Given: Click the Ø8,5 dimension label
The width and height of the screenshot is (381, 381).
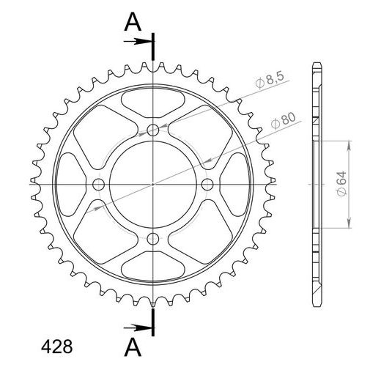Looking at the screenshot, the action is point(270,80).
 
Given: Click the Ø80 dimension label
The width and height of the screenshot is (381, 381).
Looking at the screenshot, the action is point(284,120).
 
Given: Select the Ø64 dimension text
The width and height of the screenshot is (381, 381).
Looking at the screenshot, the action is point(341,184).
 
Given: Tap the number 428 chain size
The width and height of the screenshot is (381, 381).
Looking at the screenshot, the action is point(56,347).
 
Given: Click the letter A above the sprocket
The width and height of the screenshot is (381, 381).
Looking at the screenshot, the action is point(133,22).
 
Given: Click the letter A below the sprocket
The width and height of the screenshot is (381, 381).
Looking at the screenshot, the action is point(133,347).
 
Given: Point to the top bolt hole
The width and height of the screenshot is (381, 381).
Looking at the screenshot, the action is point(153,130).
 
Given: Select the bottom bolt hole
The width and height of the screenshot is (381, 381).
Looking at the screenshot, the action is point(153,239).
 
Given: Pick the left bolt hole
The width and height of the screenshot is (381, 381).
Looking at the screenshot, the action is point(98,185).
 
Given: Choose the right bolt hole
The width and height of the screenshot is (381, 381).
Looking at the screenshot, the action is point(207,185).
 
